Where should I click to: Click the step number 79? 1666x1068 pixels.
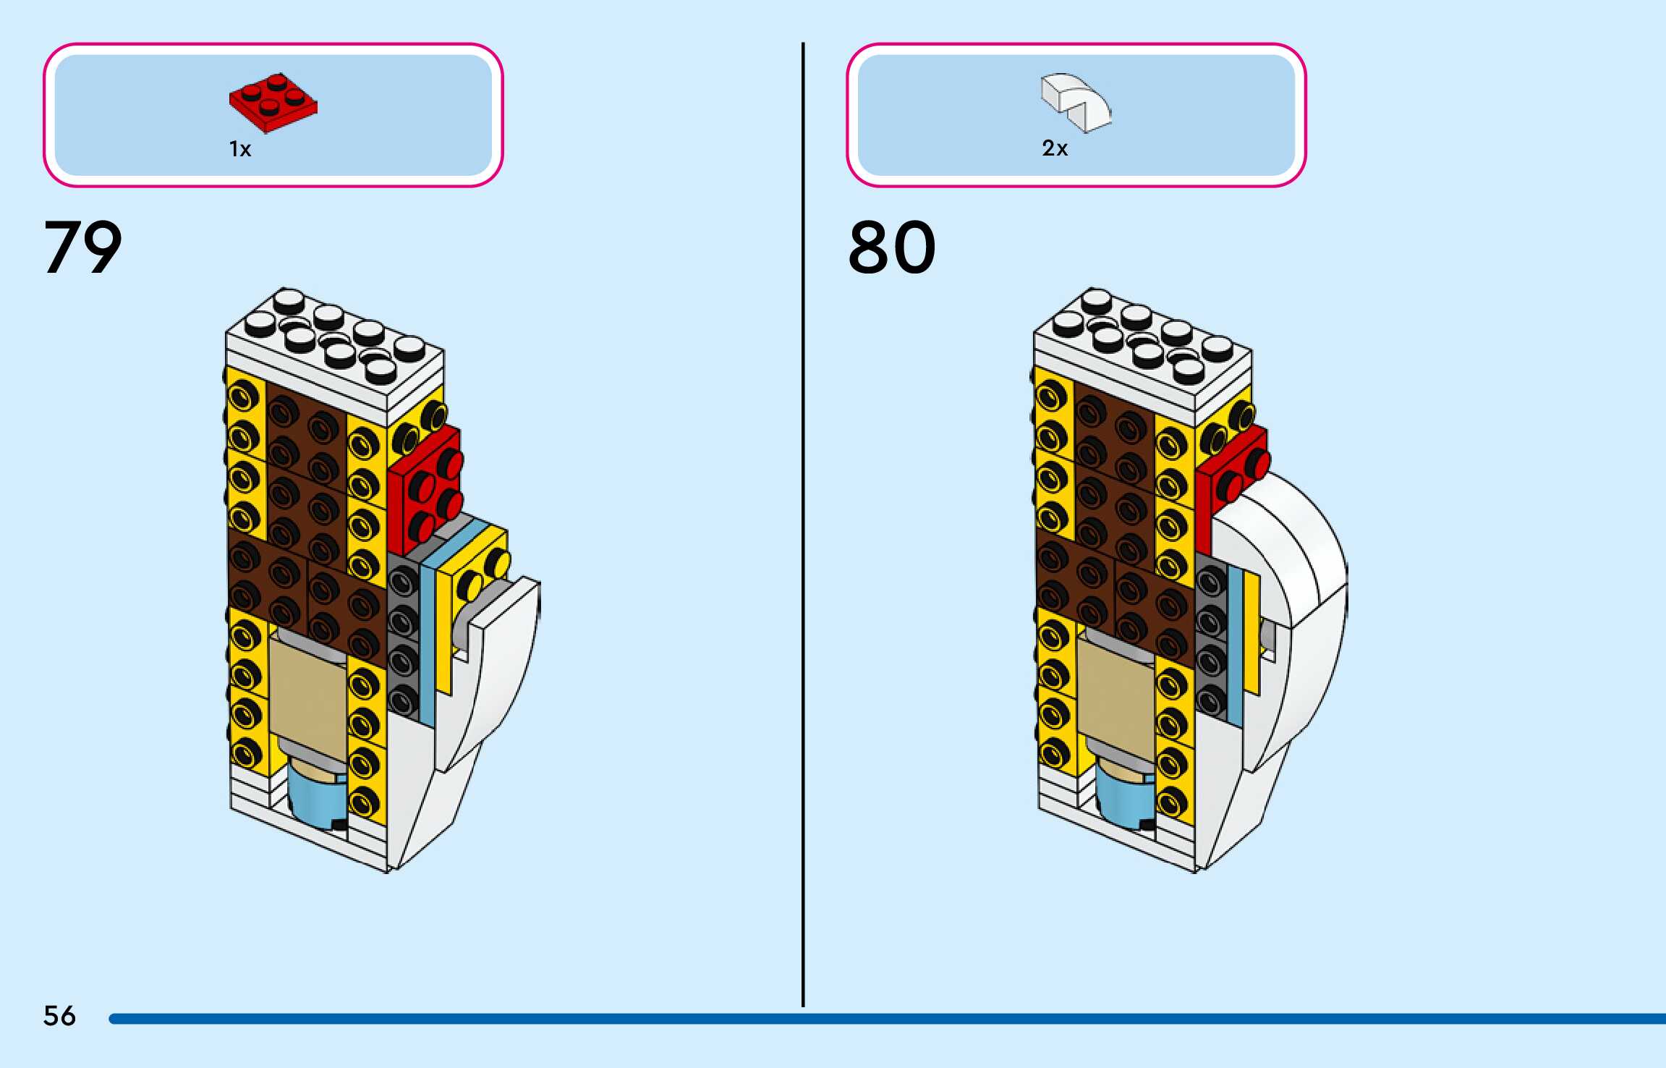82,247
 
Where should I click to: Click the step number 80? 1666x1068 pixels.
891,247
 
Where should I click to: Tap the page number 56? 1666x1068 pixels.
59,1015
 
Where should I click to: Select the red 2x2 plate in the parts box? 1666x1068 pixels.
273,103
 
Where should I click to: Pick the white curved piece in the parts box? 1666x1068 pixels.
1076,103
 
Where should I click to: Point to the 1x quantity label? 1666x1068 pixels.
240,149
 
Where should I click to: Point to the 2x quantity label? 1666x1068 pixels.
1055,148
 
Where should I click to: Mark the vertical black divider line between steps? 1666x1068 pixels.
803,521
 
